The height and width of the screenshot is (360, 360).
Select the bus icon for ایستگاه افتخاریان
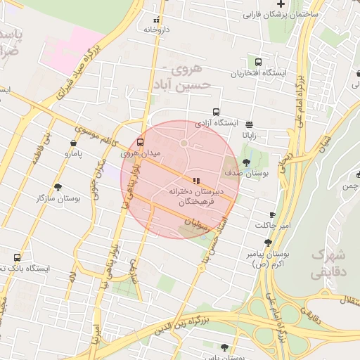pos(259,62)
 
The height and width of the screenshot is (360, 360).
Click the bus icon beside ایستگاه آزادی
pos(216,111)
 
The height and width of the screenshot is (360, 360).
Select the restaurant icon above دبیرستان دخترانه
pos(195,180)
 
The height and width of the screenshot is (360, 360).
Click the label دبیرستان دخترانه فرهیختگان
pos(196,196)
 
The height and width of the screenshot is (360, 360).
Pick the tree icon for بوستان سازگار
pos(57,187)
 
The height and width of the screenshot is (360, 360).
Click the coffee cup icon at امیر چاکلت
pos(272,214)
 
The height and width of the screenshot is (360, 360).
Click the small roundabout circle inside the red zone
pos(184,143)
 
